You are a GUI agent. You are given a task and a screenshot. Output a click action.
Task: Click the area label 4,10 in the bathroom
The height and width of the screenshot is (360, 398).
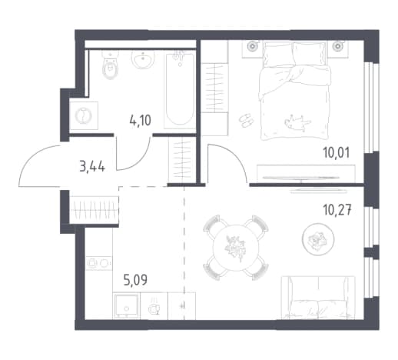[x=141, y=121]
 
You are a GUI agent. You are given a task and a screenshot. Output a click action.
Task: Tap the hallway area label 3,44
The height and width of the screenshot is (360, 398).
[x=92, y=168]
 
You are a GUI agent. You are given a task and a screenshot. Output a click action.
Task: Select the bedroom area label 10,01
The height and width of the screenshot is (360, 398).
[x=337, y=153]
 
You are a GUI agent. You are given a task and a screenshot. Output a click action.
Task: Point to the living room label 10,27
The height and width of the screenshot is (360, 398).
[x=337, y=210]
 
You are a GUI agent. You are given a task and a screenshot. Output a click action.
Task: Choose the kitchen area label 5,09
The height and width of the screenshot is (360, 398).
[x=135, y=280]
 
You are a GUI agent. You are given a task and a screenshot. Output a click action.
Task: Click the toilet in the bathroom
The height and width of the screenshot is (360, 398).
[x=111, y=65]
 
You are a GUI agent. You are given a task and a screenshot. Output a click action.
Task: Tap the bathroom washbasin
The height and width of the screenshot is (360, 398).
[x=143, y=59]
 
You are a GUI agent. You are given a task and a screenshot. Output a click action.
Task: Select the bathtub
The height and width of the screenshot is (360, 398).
[x=180, y=90]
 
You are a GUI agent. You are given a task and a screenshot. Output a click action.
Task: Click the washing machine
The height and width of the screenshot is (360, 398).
[x=84, y=115]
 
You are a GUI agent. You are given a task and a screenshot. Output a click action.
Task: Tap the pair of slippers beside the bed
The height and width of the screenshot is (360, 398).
[x=246, y=120]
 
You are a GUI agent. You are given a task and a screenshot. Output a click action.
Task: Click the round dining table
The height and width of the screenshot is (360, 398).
[x=236, y=247]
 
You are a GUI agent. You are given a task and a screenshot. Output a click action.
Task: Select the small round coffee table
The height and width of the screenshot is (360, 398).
[x=318, y=239]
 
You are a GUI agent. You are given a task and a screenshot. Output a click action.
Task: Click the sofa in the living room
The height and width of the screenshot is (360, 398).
[x=318, y=298]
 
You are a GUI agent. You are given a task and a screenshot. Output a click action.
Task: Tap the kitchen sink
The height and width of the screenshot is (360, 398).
[x=126, y=305]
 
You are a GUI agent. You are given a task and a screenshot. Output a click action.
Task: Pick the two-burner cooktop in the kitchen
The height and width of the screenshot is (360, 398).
[x=99, y=263]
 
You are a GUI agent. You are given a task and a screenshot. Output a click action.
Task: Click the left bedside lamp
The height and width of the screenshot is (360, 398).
[x=252, y=46]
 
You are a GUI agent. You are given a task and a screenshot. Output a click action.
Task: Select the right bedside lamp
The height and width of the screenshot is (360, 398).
[x=338, y=46]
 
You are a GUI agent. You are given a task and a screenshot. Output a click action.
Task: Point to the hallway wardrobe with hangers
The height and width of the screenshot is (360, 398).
[x=94, y=210]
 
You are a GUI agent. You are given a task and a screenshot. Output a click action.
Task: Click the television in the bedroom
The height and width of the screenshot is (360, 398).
[x=301, y=178]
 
